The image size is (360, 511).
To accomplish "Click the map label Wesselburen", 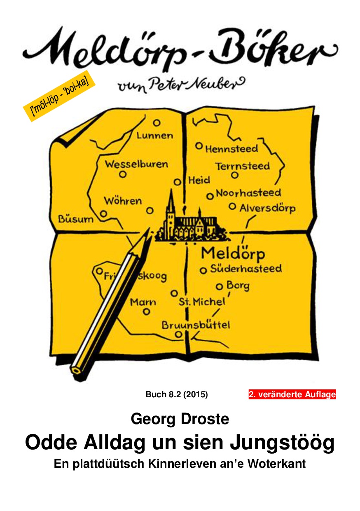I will (x=136, y=164).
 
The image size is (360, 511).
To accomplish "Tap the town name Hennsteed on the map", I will (x=231, y=148).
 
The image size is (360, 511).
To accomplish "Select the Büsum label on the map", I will (x=75, y=219).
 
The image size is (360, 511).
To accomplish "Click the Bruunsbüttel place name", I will (x=196, y=325).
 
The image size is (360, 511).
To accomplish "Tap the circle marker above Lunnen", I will (x=157, y=123).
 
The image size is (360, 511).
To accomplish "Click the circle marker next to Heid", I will (x=178, y=182).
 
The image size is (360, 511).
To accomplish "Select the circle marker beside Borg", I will (x=219, y=287).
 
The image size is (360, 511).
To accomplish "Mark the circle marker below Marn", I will (x=146, y=312).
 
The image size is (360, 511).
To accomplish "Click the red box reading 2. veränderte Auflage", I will (x=292, y=394).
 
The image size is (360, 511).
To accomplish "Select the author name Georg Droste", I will (x=180, y=419).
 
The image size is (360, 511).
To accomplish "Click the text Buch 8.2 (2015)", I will (x=177, y=394).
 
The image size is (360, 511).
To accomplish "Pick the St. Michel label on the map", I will (x=202, y=302).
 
